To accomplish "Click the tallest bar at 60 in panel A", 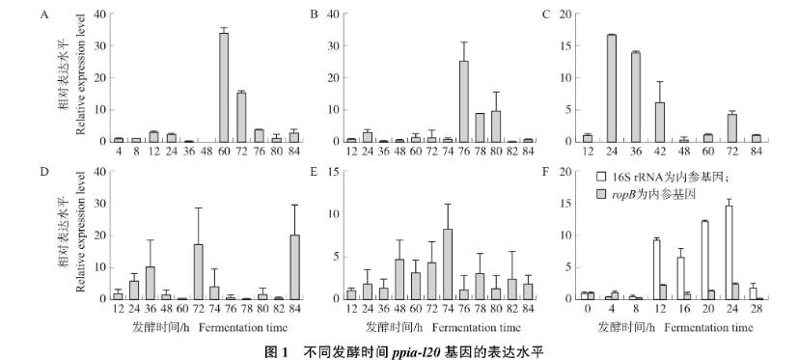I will pos(224,87).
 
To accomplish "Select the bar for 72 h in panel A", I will pos(240,117).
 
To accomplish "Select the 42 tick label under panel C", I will pos(660,151).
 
